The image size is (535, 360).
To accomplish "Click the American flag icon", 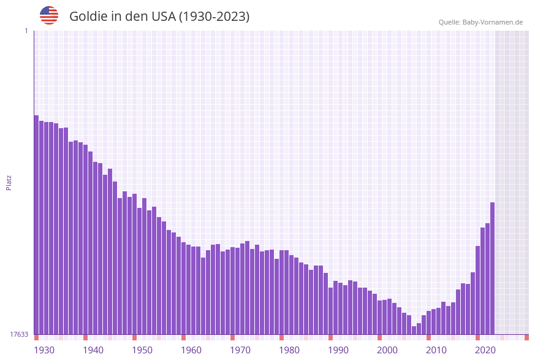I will point(49,15).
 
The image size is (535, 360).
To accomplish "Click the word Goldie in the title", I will point(89,17).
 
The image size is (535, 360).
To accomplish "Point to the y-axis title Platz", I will point(9,182).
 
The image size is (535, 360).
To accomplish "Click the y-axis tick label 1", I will point(26,31).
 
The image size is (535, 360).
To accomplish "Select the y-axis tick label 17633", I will point(19,334).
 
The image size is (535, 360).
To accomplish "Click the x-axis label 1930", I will point(44,350).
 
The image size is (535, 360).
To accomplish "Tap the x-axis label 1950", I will point(142,350).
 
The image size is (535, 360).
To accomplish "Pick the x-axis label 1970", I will point(240,350).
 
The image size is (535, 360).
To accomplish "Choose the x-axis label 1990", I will point(338,350).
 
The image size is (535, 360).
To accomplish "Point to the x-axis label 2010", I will point(436,350).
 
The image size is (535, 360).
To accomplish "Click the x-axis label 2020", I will point(485,350).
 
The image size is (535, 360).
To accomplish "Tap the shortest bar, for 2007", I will point(414,330).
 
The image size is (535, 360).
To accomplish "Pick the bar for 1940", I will point(85,239).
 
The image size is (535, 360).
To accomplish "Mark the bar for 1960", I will point(183,288).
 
